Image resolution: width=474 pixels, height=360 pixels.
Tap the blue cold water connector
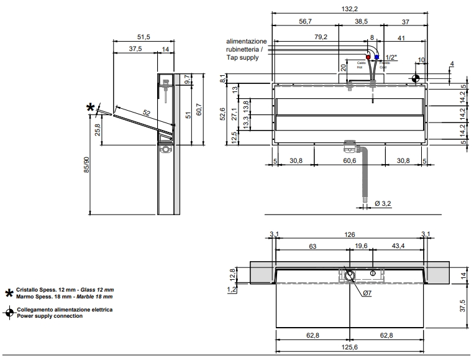tap(376, 57)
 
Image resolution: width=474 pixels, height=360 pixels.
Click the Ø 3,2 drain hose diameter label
tap(382, 203)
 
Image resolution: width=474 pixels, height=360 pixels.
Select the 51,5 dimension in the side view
tap(144, 37)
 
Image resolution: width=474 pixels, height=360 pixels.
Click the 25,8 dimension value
tap(97, 130)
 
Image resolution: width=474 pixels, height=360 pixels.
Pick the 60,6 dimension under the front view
tap(349, 161)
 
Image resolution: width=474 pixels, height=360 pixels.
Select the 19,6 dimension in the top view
tap(362, 246)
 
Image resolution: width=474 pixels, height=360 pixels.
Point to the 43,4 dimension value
tap(398, 246)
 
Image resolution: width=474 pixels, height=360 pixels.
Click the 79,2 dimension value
tap(321, 37)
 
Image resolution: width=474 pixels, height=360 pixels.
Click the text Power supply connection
tap(50, 316)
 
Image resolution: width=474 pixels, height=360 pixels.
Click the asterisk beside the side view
tap(91, 108)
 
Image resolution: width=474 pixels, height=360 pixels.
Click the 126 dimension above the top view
tap(349, 234)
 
